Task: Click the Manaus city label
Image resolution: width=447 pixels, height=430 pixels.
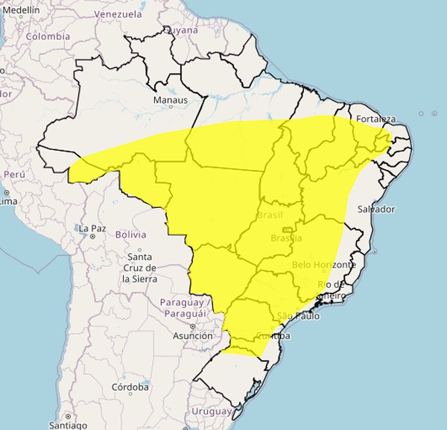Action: click(x=169, y=100)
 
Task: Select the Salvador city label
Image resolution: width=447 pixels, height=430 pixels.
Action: click(x=375, y=209)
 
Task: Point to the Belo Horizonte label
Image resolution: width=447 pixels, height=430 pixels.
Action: click(x=324, y=265)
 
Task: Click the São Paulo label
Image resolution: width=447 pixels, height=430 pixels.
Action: click(x=297, y=316)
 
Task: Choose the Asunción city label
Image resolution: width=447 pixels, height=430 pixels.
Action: click(x=192, y=335)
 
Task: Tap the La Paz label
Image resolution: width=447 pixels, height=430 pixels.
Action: click(x=94, y=228)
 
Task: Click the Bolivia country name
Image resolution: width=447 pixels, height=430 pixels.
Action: click(x=130, y=234)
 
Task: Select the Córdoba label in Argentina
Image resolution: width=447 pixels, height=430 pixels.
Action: click(x=130, y=387)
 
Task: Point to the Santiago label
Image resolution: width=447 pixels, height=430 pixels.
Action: click(x=69, y=425)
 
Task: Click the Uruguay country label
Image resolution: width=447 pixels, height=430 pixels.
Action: click(x=212, y=411)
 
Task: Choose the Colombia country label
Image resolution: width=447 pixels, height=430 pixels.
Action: click(x=48, y=36)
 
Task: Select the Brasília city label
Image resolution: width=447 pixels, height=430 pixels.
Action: click(x=286, y=238)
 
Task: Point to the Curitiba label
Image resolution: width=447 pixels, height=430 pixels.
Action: click(x=274, y=337)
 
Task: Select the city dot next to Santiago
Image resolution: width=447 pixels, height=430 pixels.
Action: click(x=67, y=416)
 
